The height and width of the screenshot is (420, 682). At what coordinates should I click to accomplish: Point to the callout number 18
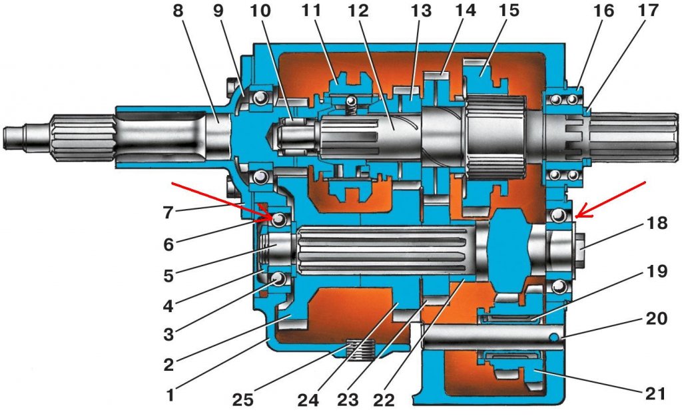[656, 224]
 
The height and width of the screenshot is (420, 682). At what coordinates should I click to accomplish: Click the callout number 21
[656, 393]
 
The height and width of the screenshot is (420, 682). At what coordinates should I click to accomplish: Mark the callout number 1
[170, 394]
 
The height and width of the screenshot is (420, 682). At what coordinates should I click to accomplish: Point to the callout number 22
[384, 400]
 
